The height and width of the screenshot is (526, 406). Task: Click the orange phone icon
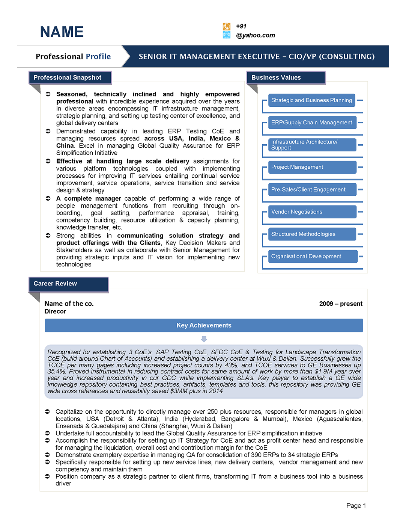click(227, 26)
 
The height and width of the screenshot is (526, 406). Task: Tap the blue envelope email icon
click(227, 35)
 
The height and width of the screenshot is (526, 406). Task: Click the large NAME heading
click(62, 32)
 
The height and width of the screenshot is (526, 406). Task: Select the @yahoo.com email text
click(256, 35)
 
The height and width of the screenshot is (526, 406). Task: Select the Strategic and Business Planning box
click(311, 100)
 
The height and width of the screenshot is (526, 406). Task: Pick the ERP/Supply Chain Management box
click(312, 122)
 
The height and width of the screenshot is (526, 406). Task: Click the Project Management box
click(312, 167)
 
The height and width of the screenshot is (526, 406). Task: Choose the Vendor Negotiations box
click(312, 212)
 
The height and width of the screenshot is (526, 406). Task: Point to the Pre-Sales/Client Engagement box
click(312, 189)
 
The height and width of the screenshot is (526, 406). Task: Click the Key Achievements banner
click(204, 325)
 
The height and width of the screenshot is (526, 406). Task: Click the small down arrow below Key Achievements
click(204, 339)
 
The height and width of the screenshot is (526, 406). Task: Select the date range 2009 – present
click(341, 304)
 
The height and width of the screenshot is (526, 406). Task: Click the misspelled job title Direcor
click(55, 311)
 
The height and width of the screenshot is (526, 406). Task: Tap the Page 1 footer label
click(356, 506)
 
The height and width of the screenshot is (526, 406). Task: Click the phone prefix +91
click(241, 26)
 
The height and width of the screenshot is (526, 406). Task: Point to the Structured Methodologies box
click(312, 234)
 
